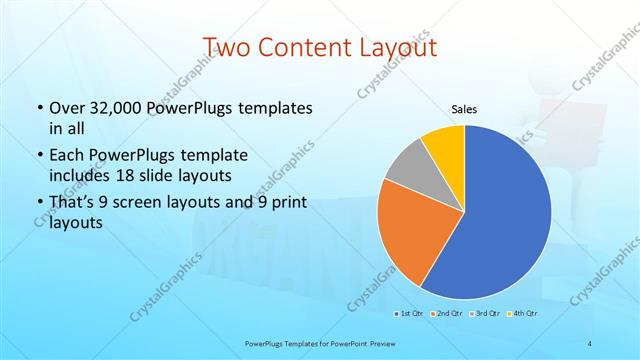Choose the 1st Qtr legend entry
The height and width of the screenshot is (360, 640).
409,314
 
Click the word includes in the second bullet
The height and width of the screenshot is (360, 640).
82,175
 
